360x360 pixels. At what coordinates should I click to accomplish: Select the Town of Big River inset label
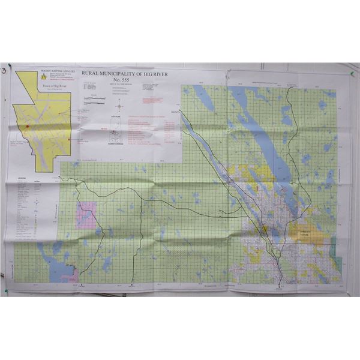52,86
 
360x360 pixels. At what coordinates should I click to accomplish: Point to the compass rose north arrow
119,106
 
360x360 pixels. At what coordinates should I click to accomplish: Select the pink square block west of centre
85,215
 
